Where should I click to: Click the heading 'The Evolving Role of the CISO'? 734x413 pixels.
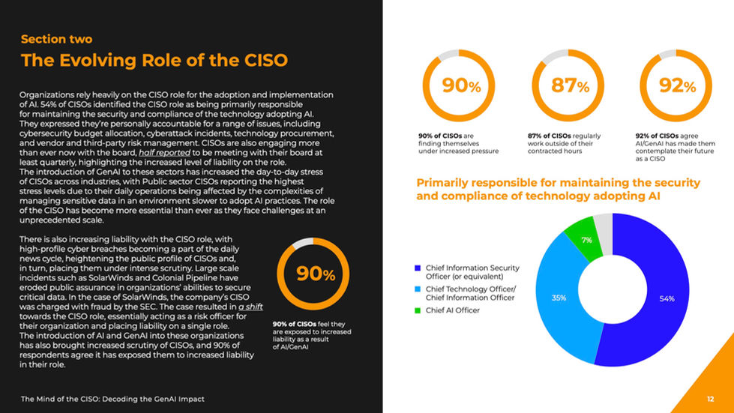(x=154, y=60)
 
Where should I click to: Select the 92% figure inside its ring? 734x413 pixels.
(x=679, y=86)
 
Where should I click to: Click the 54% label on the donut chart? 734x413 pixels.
(x=667, y=298)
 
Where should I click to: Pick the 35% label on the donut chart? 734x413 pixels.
(x=559, y=298)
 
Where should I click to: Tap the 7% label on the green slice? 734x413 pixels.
(x=587, y=240)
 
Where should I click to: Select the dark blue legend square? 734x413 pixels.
(x=418, y=268)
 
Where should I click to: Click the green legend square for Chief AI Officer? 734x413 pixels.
(x=418, y=310)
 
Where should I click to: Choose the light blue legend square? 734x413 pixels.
(x=418, y=289)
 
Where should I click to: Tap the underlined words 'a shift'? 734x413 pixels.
(x=251, y=307)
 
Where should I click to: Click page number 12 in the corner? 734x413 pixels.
(x=710, y=399)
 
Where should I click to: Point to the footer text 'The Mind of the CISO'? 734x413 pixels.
(x=112, y=399)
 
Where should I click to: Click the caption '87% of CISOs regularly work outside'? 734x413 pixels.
(x=564, y=143)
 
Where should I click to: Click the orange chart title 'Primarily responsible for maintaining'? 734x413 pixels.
(x=558, y=190)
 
